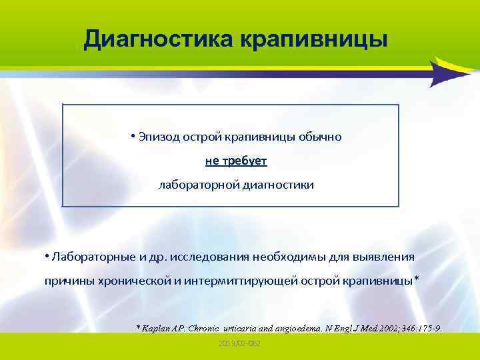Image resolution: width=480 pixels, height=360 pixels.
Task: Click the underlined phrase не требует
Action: (x=236, y=161)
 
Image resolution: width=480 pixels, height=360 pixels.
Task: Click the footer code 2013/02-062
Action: (x=239, y=343)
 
